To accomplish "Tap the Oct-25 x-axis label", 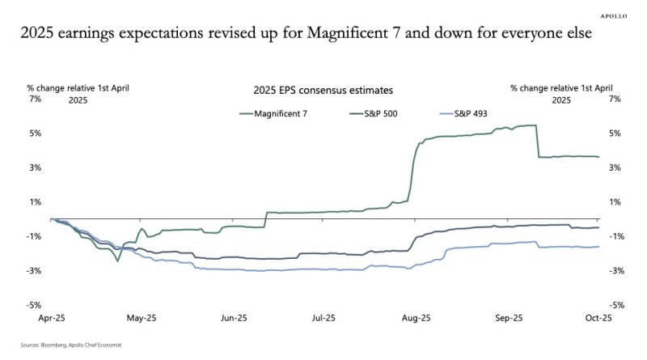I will (598, 317).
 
